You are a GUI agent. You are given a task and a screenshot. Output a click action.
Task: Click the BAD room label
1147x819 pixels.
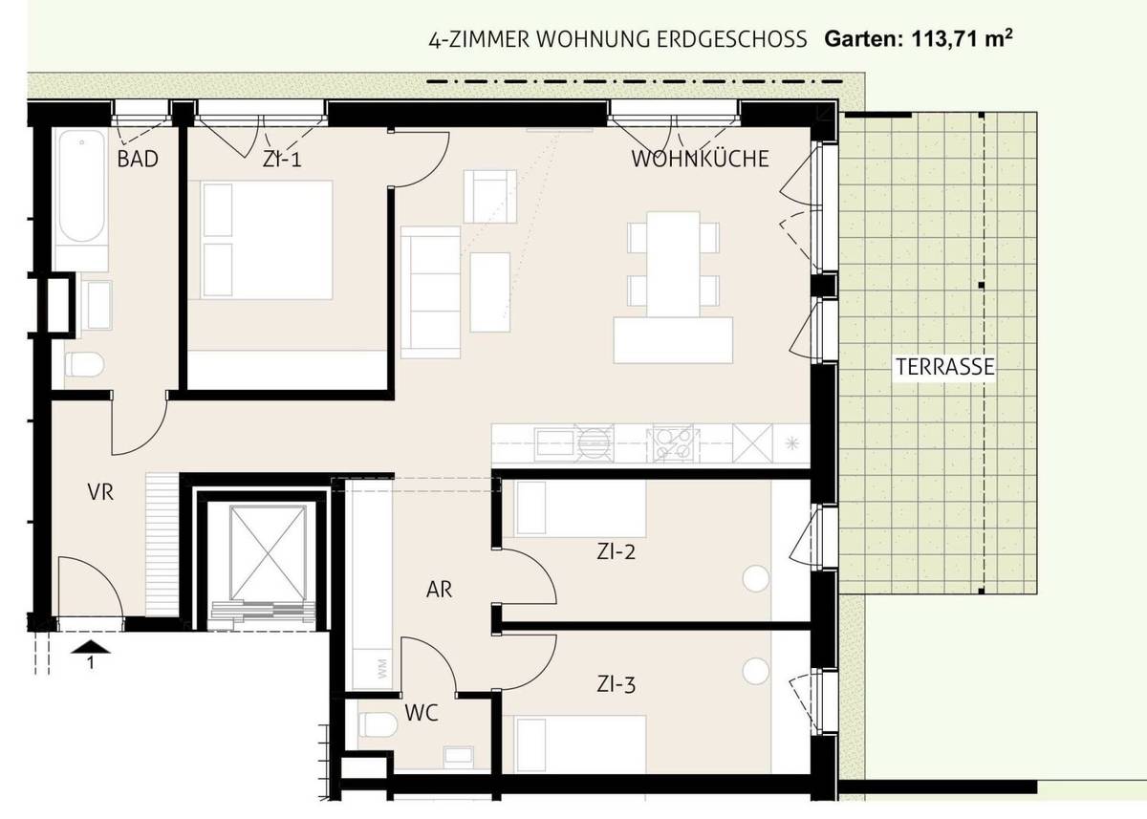pos(138,159)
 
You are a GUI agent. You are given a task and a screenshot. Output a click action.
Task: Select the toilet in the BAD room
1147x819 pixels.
pos(85,365)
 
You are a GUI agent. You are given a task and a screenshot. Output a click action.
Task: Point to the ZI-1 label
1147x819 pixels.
pos(282,160)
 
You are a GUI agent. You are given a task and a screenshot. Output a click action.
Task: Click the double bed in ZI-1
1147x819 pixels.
pos(267,240)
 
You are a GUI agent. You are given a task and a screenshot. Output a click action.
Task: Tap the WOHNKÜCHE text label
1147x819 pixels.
pos(700,160)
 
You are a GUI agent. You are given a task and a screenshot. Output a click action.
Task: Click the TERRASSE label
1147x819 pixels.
pos(945,366)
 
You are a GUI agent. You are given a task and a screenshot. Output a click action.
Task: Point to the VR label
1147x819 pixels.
pos(100,493)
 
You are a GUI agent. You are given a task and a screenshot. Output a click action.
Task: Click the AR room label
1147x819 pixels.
pos(439,590)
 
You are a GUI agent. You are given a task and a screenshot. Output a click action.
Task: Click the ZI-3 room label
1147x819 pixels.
pos(617,684)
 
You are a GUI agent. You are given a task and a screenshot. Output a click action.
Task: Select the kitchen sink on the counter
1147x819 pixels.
pos(554,442)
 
